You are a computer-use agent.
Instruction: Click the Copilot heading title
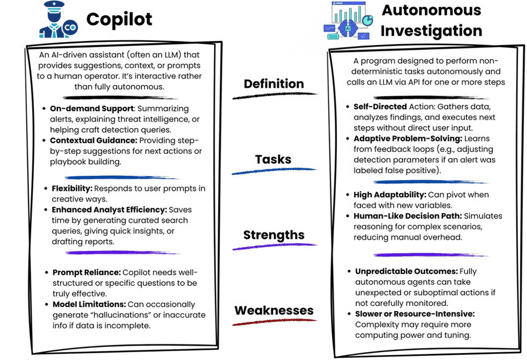pyautogui.click(x=119, y=19)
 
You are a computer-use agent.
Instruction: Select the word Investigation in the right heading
pyautogui.click(x=431, y=31)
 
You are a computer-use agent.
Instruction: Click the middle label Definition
pyautogui.click(x=274, y=83)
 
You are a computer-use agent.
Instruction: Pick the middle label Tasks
pyautogui.click(x=273, y=159)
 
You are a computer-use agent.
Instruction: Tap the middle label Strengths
pyautogui.click(x=274, y=235)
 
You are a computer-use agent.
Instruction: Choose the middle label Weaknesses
pyautogui.click(x=274, y=310)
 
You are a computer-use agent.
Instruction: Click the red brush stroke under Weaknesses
pyautogui.click(x=274, y=323)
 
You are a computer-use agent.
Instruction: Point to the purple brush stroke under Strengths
pyautogui.click(x=274, y=246)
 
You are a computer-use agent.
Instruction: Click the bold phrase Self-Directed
pyautogui.click(x=380, y=107)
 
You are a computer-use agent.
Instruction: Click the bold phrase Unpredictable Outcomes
pyautogui.click(x=406, y=271)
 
